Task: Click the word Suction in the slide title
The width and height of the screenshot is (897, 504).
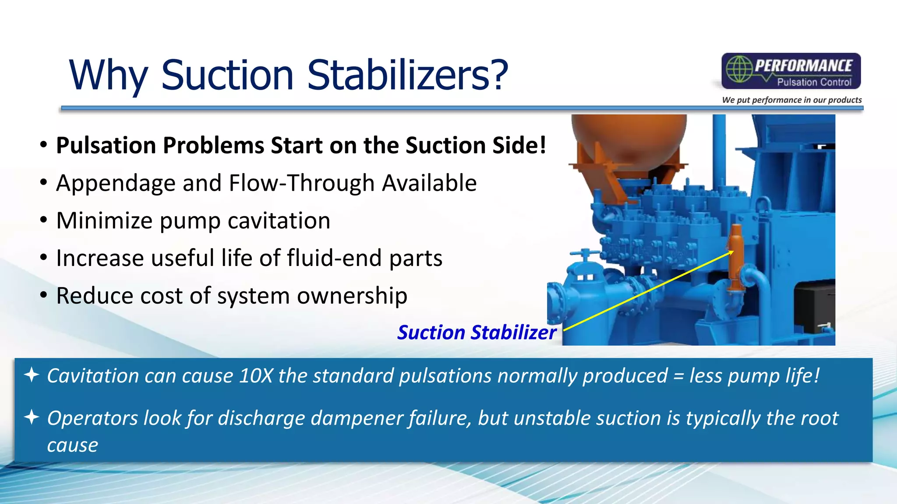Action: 227,75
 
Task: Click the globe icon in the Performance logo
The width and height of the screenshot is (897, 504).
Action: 738,69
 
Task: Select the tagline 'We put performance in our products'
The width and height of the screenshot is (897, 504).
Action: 791,100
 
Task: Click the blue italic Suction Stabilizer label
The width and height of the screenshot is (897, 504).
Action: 477,332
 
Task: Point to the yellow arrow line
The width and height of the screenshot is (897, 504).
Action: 648,290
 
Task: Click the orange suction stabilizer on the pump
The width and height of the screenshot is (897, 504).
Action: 735,258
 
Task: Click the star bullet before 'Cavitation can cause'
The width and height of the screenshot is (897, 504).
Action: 32,375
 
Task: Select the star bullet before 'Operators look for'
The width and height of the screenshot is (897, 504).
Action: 32,417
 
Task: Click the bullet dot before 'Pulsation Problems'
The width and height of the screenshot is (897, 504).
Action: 43,145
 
